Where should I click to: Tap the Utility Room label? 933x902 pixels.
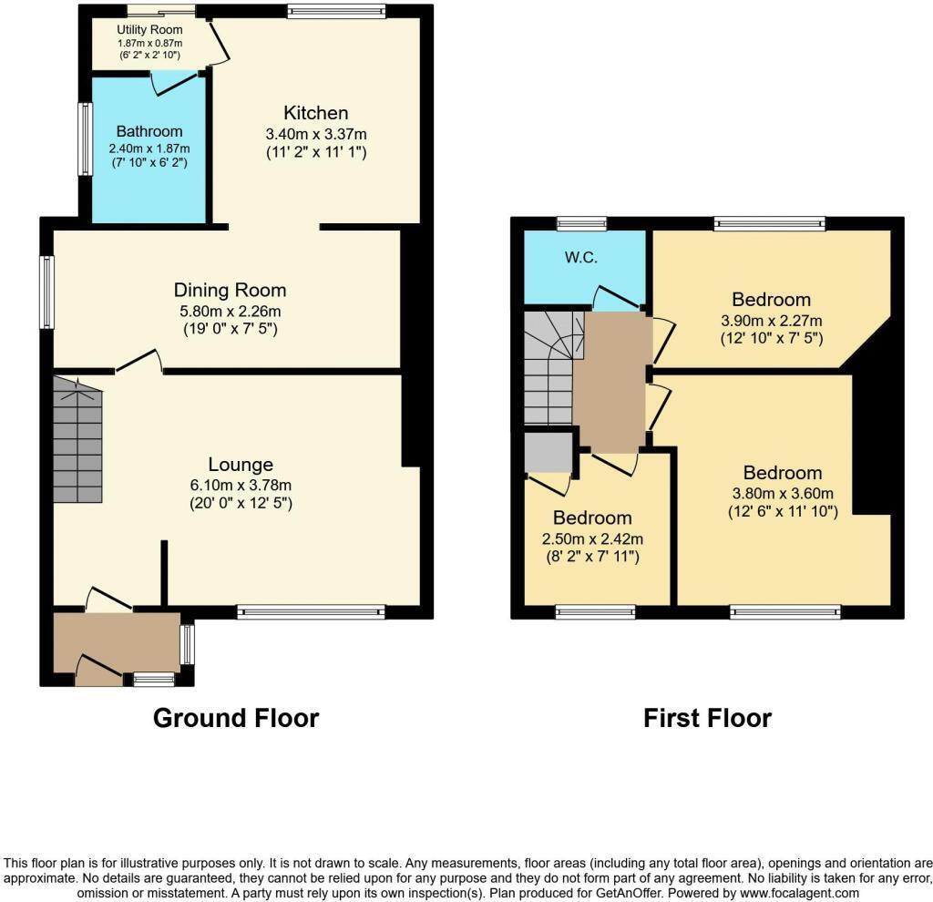pyautogui.click(x=149, y=30)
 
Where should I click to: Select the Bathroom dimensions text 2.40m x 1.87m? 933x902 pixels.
pyautogui.click(x=149, y=149)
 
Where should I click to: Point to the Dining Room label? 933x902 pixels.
pyautogui.click(x=230, y=290)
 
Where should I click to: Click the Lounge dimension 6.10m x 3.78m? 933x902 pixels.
pyautogui.click(x=240, y=485)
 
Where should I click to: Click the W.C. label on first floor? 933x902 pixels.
pyautogui.click(x=580, y=257)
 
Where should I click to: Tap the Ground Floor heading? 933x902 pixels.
pyautogui.click(x=235, y=718)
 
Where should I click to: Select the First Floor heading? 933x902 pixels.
pyautogui.click(x=707, y=718)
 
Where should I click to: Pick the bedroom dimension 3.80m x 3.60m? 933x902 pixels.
pyautogui.click(x=782, y=493)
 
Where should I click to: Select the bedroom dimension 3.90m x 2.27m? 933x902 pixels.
pyautogui.click(x=771, y=321)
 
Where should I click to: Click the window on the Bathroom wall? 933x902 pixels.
pyautogui.click(x=85, y=138)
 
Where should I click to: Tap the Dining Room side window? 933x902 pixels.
pyautogui.click(x=46, y=292)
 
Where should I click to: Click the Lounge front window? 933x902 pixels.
pyautogui.click(x=311, y=611)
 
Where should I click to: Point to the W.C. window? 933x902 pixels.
pyautogui.click(x=581, y=222)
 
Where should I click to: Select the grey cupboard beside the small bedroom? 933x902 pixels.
pyautogui.click(x=548, y=451)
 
